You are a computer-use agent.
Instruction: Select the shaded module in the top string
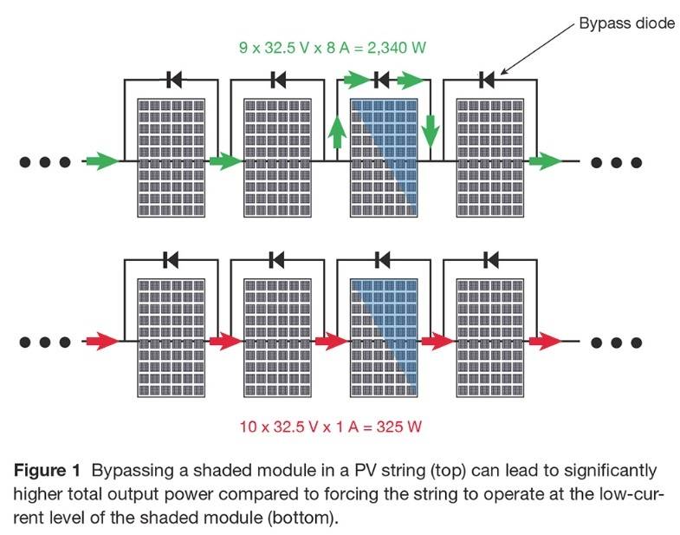pyautogui.click(x=382, y=157)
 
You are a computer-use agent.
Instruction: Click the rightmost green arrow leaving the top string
pyautogui.click(x=544, y=161)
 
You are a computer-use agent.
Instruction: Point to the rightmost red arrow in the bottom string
pyautogui.click(x=544, y=341)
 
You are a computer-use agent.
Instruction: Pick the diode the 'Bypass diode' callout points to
pyautogui.click(x=488, y=82)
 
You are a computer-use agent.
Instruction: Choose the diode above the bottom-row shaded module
pyautogui.click(x=382, y=258)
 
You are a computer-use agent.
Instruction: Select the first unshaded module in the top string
pyautogui.click(x=172, y=157)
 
